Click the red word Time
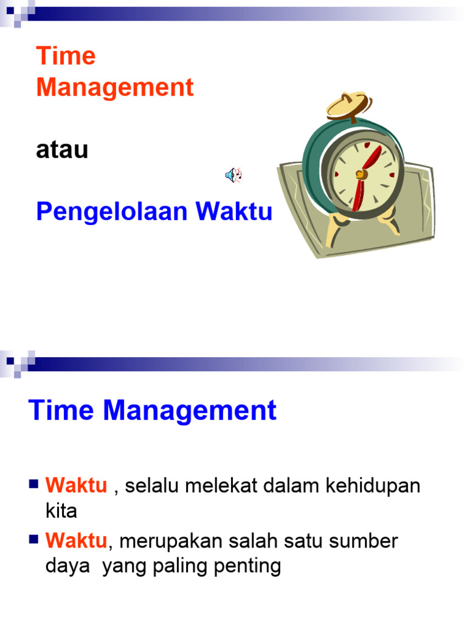66,57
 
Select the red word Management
115,88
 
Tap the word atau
62,150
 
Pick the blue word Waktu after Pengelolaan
233,212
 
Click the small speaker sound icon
233,176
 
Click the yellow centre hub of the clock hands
361,175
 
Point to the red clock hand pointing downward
359,195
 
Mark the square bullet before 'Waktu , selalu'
33,485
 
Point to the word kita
61,510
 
